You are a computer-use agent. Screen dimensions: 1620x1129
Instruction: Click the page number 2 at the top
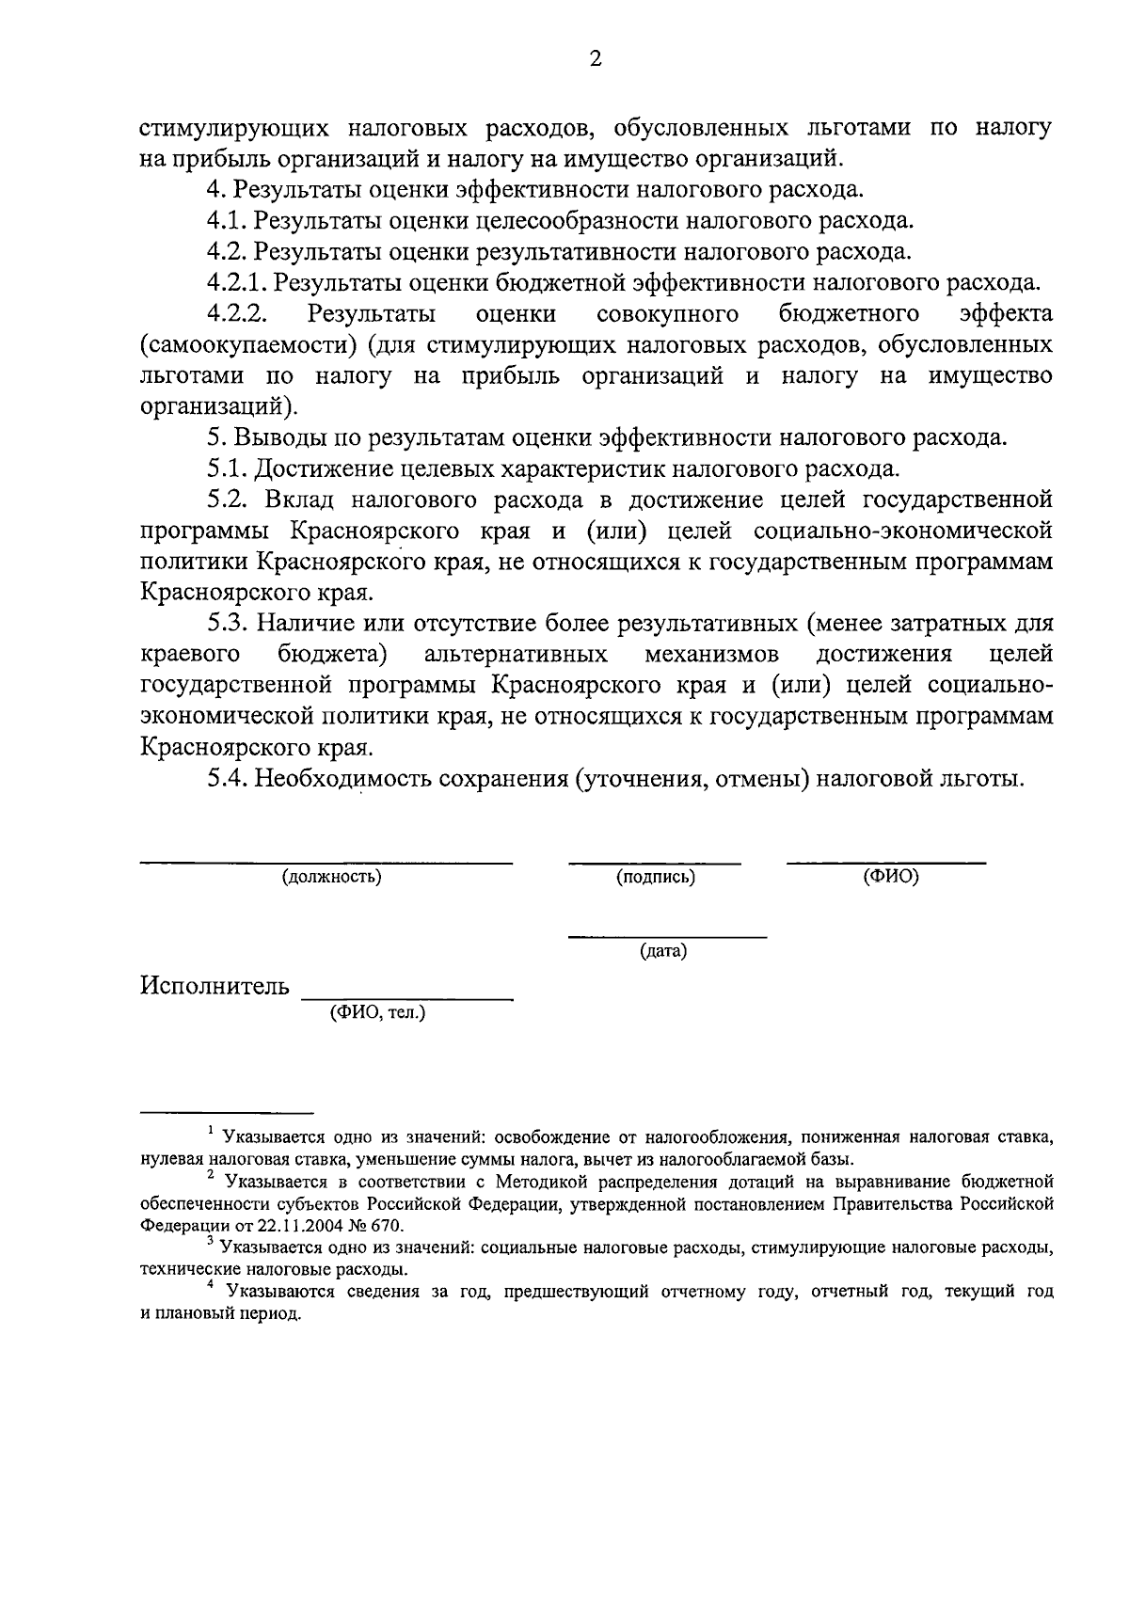click(594, 59)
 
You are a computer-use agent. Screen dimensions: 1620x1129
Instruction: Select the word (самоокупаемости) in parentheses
click(248, 344)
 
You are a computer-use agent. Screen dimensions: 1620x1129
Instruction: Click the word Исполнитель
click(215, 986)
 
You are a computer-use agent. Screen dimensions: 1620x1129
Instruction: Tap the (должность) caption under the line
click(331, 878)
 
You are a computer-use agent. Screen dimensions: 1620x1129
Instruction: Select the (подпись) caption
click(656, 878)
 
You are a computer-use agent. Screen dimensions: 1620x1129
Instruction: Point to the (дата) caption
click(663, 952)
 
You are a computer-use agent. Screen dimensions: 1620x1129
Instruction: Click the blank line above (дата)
click(667, 937)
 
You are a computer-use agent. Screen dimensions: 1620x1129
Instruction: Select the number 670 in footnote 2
click(385, 1226)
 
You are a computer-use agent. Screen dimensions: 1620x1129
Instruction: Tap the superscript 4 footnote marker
click(212, 1284)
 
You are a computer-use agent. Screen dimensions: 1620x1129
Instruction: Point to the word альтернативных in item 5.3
click(516, 654)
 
